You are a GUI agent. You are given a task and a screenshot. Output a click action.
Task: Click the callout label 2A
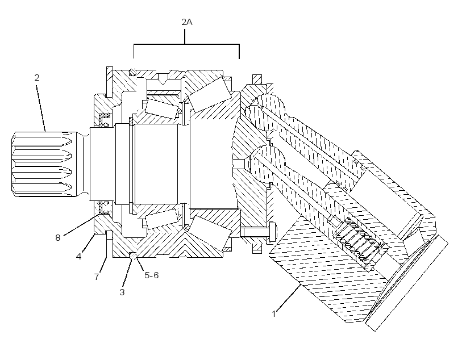[187, 22]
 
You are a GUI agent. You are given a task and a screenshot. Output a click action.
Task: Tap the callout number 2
[37, 78]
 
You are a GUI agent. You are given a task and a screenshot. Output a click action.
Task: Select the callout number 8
[57, 237]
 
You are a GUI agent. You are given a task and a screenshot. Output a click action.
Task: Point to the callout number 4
[78, 256]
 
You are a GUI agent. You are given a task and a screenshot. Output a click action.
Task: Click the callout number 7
[96, 277]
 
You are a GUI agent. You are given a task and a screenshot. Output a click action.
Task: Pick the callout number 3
[122, 292]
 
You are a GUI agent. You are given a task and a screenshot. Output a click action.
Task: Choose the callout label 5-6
[152, 275]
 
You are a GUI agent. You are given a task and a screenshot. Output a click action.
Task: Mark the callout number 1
[274, 313]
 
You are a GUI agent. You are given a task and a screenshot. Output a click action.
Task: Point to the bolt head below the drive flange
[273, 232]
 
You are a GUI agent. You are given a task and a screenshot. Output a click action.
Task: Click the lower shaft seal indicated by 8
[105, 207]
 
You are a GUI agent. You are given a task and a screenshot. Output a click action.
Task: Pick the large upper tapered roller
[210, 94]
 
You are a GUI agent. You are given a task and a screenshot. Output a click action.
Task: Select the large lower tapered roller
[210, 233]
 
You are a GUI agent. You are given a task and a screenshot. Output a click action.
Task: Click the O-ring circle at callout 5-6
[133, 255]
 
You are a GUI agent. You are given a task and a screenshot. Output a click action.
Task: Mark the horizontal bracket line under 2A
[186, 44]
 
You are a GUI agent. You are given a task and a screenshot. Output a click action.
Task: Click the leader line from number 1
[289, 297]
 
